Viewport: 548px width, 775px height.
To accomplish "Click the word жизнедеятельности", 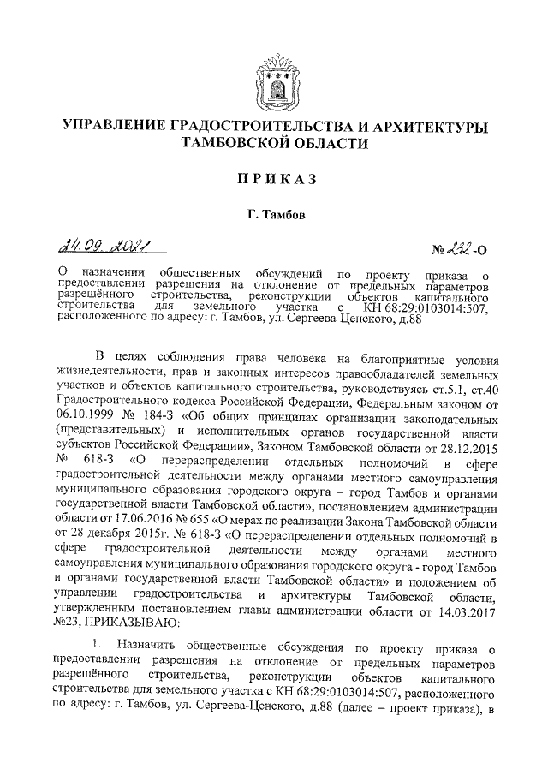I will pos(116,387).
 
